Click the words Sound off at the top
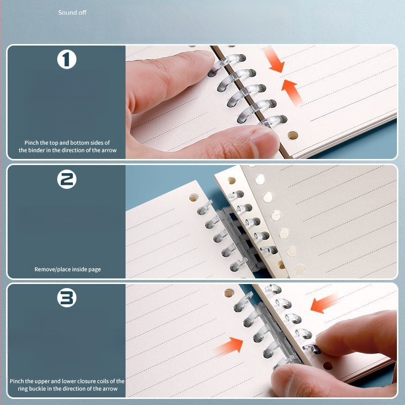click(x=72, y=12)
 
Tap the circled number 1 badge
click(x=67, y=59)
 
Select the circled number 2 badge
click(x=67, y=179)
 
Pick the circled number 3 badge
click(x=67, y=298)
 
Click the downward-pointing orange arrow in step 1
click(x=274, y=60)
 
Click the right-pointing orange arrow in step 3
click(x=229, y=346)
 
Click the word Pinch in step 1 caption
click(x=31, y=143)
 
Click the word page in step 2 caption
click(x=95, y=270)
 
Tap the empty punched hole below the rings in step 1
click(x=293, y=135)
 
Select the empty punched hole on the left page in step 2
click(x=193, y=198)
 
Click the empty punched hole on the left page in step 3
click(x=229, y=293)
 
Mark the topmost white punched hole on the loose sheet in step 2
click(x=260, y=179)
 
